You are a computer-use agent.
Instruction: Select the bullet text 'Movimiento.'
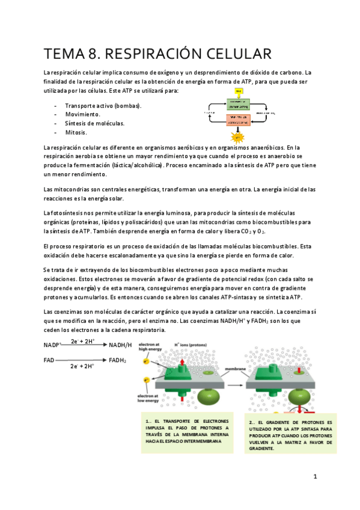tap(83, 114)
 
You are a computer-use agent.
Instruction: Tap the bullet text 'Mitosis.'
tap(76, 132)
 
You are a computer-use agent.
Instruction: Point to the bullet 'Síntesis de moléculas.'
tap(95, 123)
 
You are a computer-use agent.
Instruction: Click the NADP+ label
tap(53, 345)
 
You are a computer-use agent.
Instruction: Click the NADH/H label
tap(120, 345)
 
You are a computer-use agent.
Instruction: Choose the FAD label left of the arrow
tap(49, 360)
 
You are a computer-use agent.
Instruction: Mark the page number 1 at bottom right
tap(314, 476)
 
